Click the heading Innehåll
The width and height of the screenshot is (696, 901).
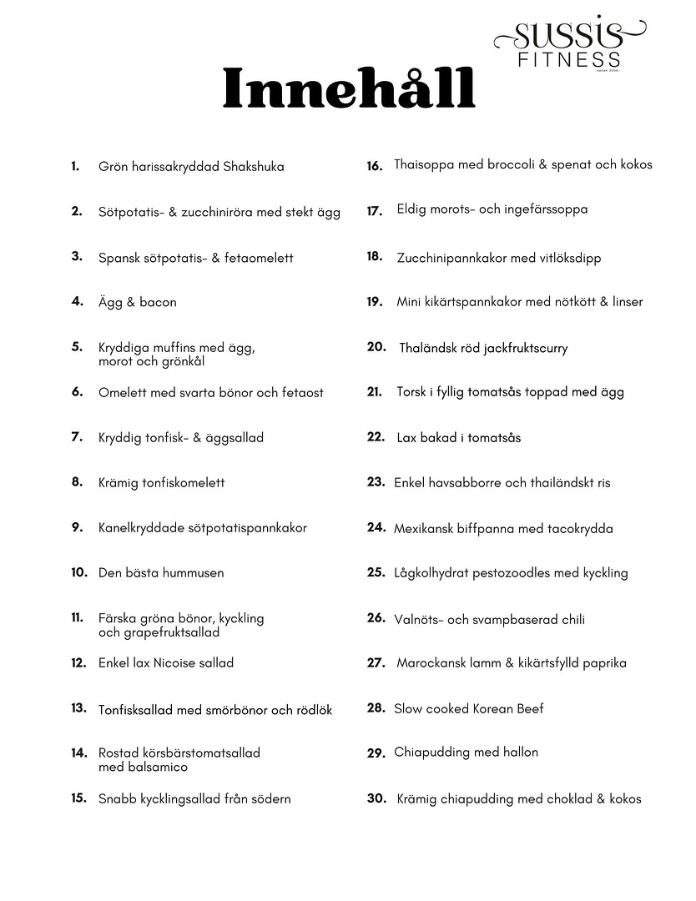[348, 89]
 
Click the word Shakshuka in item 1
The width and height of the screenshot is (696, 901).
[254, 167]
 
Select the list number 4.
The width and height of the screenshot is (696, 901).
[77, 301]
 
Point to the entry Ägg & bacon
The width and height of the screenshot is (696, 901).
[137, 302]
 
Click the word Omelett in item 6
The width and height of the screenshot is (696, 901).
[123, 392]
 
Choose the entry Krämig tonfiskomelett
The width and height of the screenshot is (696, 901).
[161, 482]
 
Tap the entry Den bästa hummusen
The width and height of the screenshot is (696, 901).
[161, 572]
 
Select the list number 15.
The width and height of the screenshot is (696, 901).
[78, 798]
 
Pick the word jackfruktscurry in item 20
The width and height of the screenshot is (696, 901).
[520, 348]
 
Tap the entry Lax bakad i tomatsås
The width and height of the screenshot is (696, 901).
[458, 437]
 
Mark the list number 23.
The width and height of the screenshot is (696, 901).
[375, 481]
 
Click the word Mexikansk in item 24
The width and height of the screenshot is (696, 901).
[425, 528]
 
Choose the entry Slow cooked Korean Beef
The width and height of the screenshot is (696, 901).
[468, 708]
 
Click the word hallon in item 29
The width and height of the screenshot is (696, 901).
[519, 752]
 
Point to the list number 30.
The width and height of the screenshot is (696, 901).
[376, 798]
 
